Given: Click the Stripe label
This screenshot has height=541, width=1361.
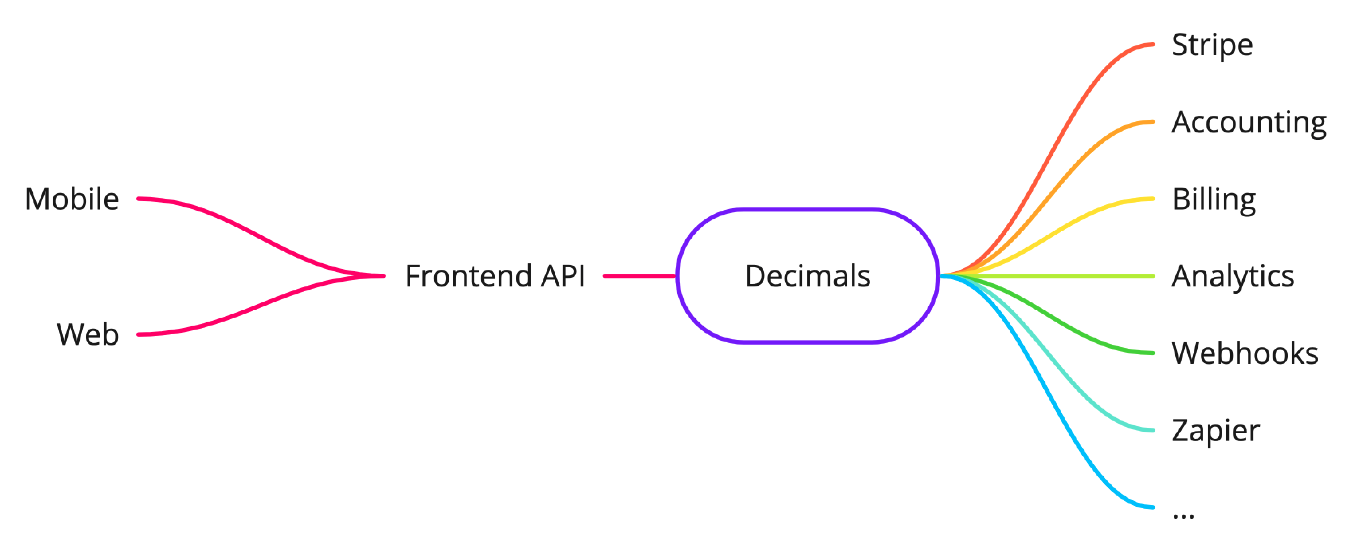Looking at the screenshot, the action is coord(1212,45).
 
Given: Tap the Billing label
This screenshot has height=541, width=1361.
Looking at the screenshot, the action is coord(1214,200).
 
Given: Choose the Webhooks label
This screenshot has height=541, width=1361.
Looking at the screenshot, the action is coord(1245,353).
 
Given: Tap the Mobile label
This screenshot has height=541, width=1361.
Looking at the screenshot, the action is coord(72,199).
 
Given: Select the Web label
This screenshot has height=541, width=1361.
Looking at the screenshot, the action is coord(88,335).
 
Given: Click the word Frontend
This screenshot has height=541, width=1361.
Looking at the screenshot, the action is coord(468,276).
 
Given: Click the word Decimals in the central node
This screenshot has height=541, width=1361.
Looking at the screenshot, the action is coord(807,276).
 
